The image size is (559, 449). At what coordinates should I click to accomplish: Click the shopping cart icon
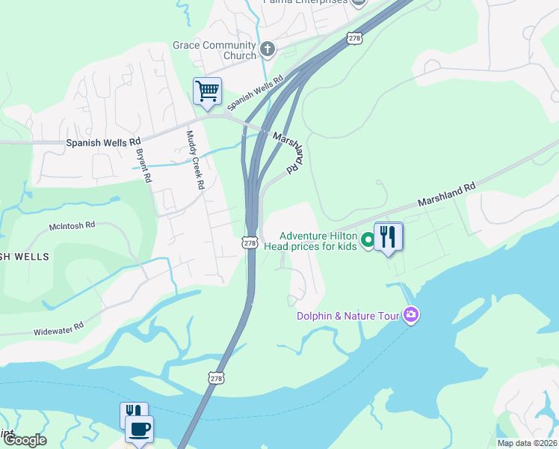tap(207, 91)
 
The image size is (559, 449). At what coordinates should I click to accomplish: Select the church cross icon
tap(268, 50)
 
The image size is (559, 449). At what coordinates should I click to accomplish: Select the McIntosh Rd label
tap(72, 224)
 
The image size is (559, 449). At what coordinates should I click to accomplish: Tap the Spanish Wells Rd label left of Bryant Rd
tap(103, 141)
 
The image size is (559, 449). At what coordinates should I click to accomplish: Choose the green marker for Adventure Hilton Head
tap(367, 240)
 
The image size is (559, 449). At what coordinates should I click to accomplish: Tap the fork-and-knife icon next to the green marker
tap(388, 237)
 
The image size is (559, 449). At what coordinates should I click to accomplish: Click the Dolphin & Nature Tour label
tap(349, 316)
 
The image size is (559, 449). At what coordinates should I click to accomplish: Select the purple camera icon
tap(410, 315)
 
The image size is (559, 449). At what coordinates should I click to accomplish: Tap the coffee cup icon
tap(139, 430)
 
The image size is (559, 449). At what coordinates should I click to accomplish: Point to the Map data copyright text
tap(528, 443)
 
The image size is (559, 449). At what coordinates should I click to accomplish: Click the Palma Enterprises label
tap(305, 2)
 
